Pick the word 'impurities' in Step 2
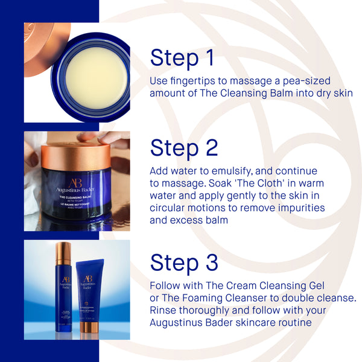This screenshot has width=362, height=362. pos(298,208)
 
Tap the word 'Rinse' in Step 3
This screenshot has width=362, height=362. pos(164,311)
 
